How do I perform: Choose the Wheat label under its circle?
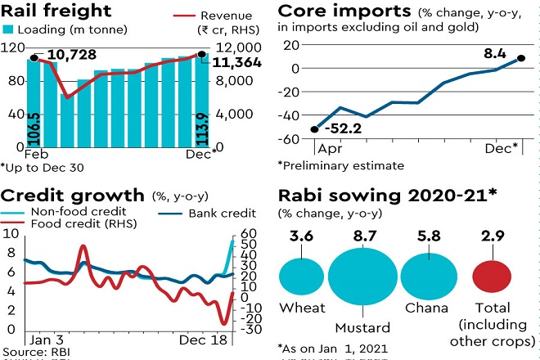(x=303, y=309)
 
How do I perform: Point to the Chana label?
(x=426, y=309)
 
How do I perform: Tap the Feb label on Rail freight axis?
(x=34, y=153)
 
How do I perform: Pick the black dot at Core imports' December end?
(x=521, y=59)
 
